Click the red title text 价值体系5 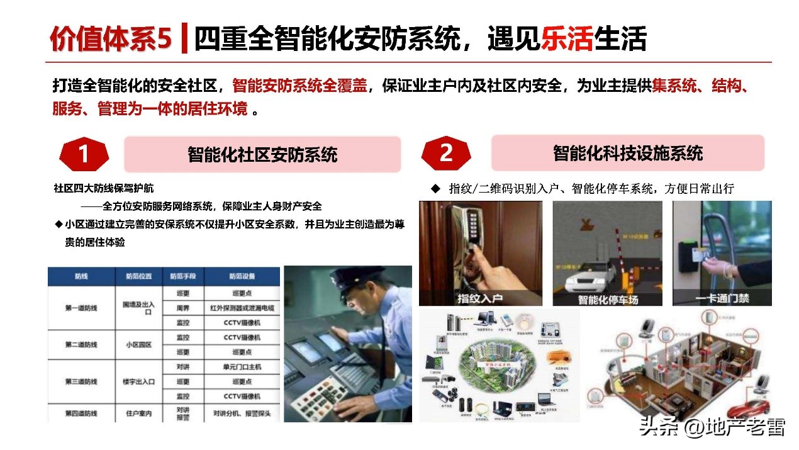tap(110, 39)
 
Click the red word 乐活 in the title tap(567, 39)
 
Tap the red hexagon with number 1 tap(84, 154)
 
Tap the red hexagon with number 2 tap(446, 153)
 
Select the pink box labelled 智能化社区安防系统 tap(262, 154)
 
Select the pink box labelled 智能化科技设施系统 tap(627, 153)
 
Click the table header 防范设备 tap(242, 276)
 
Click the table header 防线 tap(81, 276)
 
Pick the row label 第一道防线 tap(81, 308)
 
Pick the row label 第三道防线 tap(81, 381)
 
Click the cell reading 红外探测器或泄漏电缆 tap(242, 308)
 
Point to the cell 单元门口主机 tap(242, 367)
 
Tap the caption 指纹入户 tap(480, 298)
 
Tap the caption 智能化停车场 tap(607, 299)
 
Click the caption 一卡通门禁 tap(722, 298)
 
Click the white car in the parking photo tap(591, 276)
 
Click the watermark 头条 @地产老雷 tap(712, 427)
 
